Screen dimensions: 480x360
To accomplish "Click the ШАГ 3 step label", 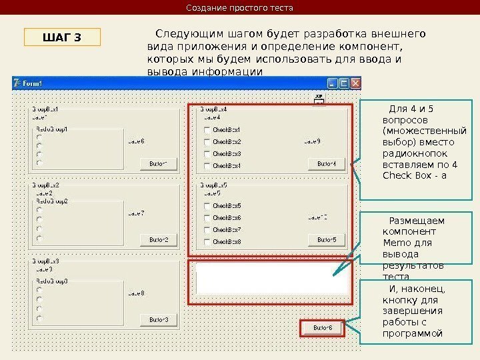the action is pos(62,37).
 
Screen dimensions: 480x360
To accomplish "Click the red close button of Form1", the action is pos(355,83).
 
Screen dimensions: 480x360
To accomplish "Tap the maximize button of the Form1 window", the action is pos(344,83).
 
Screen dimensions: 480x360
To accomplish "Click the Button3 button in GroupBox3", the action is pos(159,320).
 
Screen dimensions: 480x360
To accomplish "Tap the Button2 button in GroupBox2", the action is pos(159,239).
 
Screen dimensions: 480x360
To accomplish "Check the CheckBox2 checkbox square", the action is pos(207,142).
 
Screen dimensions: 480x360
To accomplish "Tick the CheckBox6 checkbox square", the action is pos(207,218).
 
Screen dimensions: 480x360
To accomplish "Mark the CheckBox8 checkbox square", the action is pos(207,242).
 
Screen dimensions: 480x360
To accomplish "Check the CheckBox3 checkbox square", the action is pos(207,154).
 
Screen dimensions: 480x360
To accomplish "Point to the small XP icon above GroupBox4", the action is pos(319,98).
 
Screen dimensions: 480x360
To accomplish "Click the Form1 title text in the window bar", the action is pos(33,83).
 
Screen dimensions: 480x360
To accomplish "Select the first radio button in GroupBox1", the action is pos(39,139).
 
